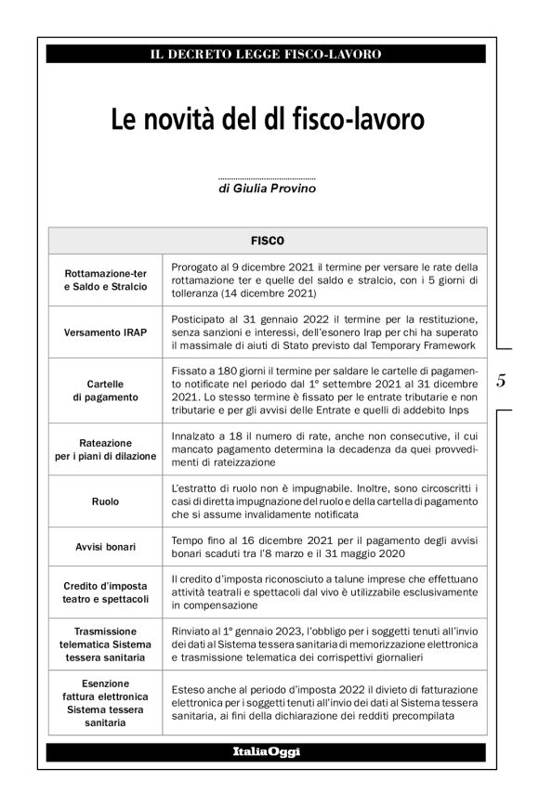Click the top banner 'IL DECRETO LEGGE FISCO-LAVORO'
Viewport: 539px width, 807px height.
[x=266, y=55]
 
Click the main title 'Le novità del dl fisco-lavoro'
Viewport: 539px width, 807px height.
[x=268, y=120]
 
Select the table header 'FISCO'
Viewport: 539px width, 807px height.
[x=267, y=240]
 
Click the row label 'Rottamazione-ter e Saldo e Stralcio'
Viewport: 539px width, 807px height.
[x=105, y=280]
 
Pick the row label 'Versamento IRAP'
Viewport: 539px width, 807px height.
[x=105, y=332]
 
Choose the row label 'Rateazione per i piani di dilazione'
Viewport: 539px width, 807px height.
[x=105, y=449]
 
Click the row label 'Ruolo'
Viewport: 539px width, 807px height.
[x=105, y=501]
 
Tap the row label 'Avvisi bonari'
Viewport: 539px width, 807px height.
[x=105, y=547]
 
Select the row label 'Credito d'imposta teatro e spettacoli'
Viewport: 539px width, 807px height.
[x=105, y=592]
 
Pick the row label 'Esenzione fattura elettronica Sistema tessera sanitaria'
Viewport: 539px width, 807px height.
[x=105, y=702]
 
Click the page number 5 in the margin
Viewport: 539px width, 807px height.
[x=501, y=380]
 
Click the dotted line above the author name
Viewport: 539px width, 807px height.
[x=266, y=177]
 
